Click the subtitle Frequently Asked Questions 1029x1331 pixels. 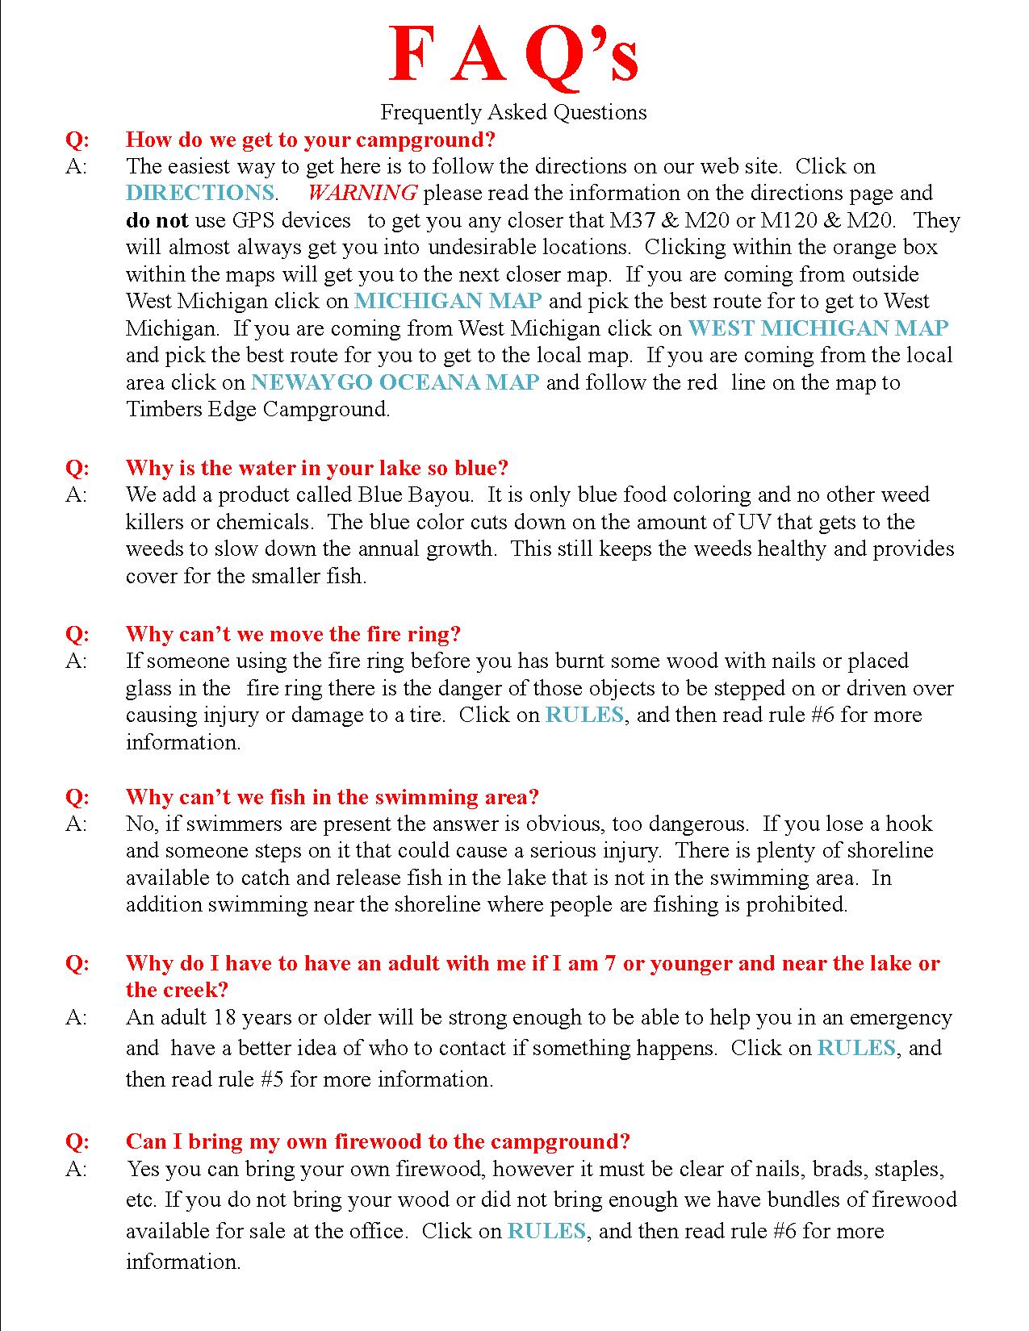[513, 112]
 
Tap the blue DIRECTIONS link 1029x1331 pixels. [200, 193]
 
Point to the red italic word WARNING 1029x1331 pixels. [362, 193]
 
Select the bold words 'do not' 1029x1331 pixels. [157, 220]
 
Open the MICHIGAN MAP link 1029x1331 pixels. [448, 301]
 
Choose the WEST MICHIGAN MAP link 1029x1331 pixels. [818, 328]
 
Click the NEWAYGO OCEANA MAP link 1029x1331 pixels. [395, 382]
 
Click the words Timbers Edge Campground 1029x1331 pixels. [257, 409]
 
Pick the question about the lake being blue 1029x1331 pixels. [317, 468]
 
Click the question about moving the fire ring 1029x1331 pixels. [293, 634]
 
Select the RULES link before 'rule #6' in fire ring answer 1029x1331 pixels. [584, 715]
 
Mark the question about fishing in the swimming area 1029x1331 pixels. [332, 797]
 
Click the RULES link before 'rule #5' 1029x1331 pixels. [856, 1048]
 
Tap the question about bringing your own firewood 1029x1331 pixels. [378, 1141]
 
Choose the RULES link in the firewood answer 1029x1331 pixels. [546, 1231]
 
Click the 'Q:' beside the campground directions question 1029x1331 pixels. [77, 140]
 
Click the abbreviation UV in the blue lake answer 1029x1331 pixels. [754, 522]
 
